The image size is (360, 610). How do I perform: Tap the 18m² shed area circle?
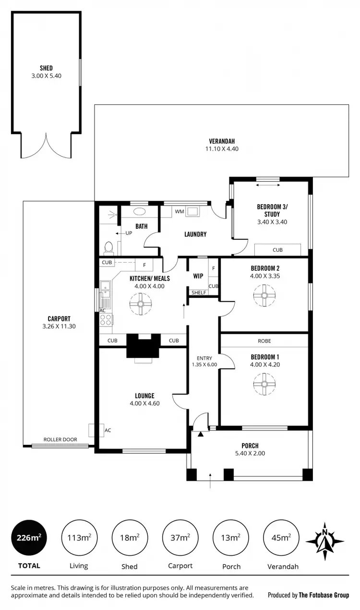(129, 537)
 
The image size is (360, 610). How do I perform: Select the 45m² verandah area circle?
(280, 537)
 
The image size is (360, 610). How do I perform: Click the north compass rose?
(325, 541)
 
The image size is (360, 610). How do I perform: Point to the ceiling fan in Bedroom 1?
(264, 383)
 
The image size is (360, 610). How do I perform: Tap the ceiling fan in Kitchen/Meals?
(141, 304)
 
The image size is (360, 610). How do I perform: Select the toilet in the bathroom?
(108, 247)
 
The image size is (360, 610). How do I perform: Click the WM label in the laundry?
(180, 211)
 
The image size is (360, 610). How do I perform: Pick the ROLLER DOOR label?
(60, 439)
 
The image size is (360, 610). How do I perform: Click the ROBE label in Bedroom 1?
(264, 341)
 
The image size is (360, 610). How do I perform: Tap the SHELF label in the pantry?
(199, 293)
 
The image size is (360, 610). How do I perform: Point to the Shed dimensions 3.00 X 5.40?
(47, 75)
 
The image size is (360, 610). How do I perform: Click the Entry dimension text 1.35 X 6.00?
(204, 364)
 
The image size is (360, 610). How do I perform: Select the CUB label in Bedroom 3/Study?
(277, 250)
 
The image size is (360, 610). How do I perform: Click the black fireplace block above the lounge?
(142, 345)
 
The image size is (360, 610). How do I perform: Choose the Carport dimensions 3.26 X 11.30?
(59, 326)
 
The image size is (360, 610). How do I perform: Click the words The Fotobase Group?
(324, 595)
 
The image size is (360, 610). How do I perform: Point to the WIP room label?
(198, 276)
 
